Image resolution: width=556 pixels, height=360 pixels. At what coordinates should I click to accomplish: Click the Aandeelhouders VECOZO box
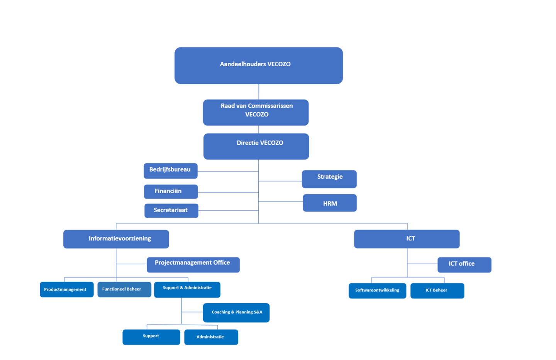pyautogui.click(x=258, y=65)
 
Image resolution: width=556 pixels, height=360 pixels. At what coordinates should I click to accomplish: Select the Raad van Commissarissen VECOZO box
pyautogui.click(x=256, y=112)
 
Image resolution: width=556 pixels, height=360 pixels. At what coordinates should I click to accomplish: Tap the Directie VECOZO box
pyautogui.click(x=256, y=146)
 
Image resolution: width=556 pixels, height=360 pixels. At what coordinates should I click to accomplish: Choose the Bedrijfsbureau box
pyautogui.click(x=170, y=171)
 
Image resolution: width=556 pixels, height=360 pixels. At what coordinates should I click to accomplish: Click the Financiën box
pyautogui.click(x=171, y=191)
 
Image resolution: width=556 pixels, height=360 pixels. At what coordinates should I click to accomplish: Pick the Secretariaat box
pyautogui.click(x=171, y=211)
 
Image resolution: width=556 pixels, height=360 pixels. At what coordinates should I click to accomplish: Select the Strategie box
pyautogui.click(x=329, y=179)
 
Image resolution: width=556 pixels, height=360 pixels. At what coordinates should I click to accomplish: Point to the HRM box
pyautogui.click(x=329, y=203)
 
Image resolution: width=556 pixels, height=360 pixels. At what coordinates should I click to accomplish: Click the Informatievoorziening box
pyautogui.click(x=116, y=239)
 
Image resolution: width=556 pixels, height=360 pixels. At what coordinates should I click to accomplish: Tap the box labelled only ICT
pyautogui.click(x=407, y=239)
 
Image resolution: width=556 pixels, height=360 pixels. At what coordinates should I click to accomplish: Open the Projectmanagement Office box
pyautogui.click(x=193, y=265)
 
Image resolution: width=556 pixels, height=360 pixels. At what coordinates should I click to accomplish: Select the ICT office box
pyautogui.click(x=464, y=265)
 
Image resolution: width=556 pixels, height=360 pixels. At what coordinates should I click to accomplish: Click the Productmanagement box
pyautogui.click(x=66, y=289)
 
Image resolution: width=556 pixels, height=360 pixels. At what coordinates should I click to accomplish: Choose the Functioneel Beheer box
pyautogui.click(x=124, y=289)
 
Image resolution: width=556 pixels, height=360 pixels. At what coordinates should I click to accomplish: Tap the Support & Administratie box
pyautogui.click(x=187, y=289)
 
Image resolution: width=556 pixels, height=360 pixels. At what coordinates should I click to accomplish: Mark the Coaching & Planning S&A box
pyautogui.click(x=236, y=313)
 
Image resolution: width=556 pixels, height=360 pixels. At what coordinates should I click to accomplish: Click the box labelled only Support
pyautogui.click(x=151, y=337)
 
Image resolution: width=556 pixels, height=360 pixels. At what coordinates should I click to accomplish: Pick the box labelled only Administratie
pyautogui.click(x=211, y=337)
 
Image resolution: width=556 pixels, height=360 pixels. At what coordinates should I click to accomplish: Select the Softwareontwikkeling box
pyautogui.click(x=377, y=291)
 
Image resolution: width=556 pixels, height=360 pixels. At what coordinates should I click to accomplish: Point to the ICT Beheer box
pyautogui.click(x=437, y=291)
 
